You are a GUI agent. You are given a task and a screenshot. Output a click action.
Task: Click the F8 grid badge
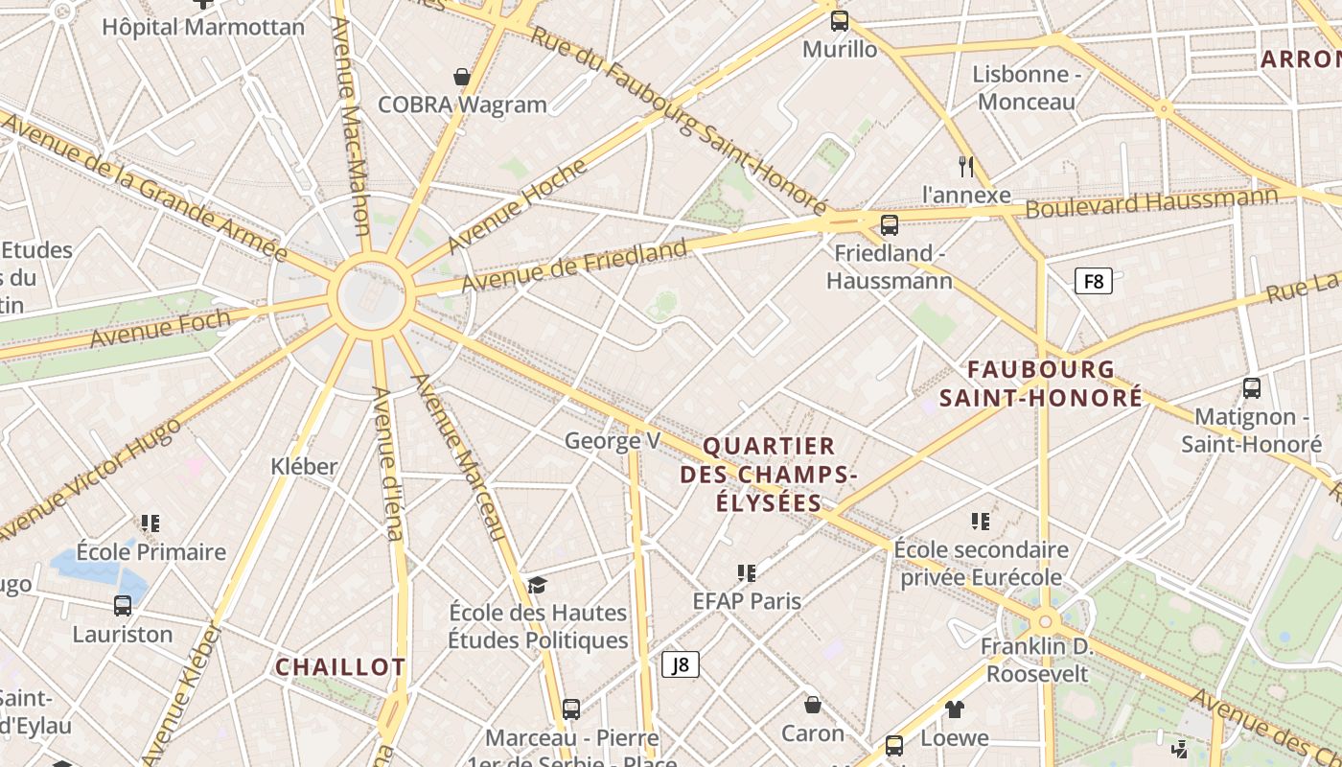click(1093, 281)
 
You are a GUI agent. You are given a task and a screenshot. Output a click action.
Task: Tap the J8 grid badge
click(681, 664)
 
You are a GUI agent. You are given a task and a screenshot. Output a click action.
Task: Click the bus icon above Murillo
click(840, 20)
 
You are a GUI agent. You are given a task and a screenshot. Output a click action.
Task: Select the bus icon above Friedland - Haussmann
click(890, 225)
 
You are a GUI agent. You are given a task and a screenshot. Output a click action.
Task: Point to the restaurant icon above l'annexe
click(966, 167)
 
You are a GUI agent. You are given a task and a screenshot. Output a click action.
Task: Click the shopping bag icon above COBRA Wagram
click(462, 77)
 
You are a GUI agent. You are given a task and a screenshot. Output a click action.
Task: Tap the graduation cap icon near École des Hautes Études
click(537, 585)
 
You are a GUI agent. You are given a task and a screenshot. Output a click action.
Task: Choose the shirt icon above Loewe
click(955, 709)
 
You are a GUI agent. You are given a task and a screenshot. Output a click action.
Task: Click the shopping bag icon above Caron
click(813, 706)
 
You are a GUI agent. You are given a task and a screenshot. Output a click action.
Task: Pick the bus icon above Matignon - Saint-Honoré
click(1252, 388)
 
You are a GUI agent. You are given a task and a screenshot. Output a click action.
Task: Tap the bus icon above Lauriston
click(123, 606)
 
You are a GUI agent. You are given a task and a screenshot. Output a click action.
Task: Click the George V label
click(613, 441)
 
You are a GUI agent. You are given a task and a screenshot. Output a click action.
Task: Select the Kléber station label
click(305, 467)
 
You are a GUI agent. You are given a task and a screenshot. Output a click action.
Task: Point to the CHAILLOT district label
click(340, 667)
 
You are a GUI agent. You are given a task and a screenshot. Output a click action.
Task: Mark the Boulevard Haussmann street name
click(1151, 202)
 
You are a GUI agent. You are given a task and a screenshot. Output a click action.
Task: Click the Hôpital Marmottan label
click(203, 27)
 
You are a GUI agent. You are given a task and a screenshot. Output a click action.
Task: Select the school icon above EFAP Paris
click(748, 573)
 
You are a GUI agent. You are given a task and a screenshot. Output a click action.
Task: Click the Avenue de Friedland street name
click(574, 267)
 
